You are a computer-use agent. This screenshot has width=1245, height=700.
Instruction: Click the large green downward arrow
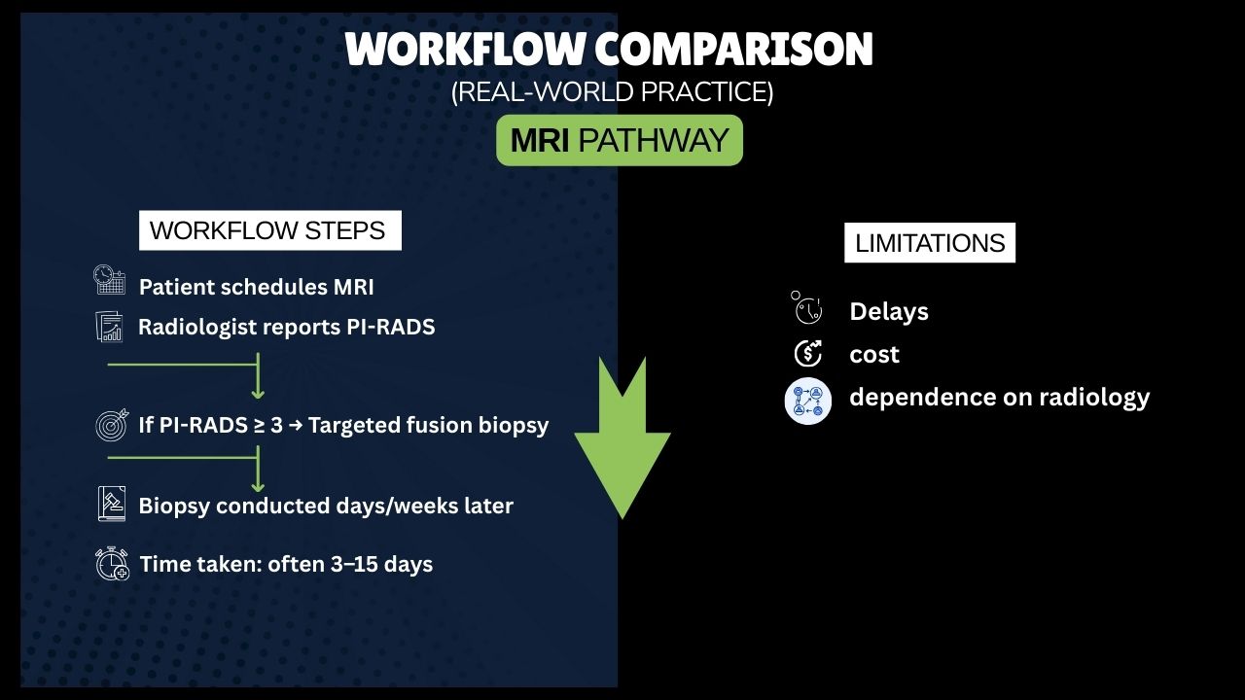[x=622, y=442]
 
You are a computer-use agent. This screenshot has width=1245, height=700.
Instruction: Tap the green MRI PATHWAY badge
[x=620, y=140]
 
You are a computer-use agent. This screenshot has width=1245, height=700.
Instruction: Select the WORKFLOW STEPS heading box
[x=269, y=230]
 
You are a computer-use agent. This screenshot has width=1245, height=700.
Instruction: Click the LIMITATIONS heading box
[x=929, y=243]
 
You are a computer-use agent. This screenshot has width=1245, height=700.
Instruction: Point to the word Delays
[x=888, y=312]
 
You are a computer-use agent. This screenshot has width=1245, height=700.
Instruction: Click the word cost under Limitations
[x=873, y=355]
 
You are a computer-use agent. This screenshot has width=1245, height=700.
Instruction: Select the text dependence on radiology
[x=999, y=398]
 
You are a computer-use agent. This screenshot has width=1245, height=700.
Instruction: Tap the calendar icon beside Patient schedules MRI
[x=110, y=280]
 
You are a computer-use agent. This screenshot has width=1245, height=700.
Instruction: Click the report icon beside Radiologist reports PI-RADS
[x=110, y=326]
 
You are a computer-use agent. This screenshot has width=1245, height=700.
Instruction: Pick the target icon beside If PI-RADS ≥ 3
[x=111, y=425]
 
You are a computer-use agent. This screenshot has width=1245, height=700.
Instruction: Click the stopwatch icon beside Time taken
[x=112, y=564]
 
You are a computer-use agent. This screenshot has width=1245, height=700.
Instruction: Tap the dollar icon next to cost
[x=807, y=354]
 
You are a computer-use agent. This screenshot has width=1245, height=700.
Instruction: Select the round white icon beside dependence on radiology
[x=808, y=401]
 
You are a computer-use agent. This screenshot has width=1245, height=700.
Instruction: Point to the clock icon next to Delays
[x=806, y=309]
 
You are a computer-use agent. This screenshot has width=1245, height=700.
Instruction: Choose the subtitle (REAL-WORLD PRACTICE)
[x=612, y=92]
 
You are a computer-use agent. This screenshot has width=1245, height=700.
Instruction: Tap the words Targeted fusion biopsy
[x=428, y=425]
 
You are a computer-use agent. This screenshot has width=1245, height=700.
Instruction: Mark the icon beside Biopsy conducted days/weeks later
[x=112, y=505]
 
